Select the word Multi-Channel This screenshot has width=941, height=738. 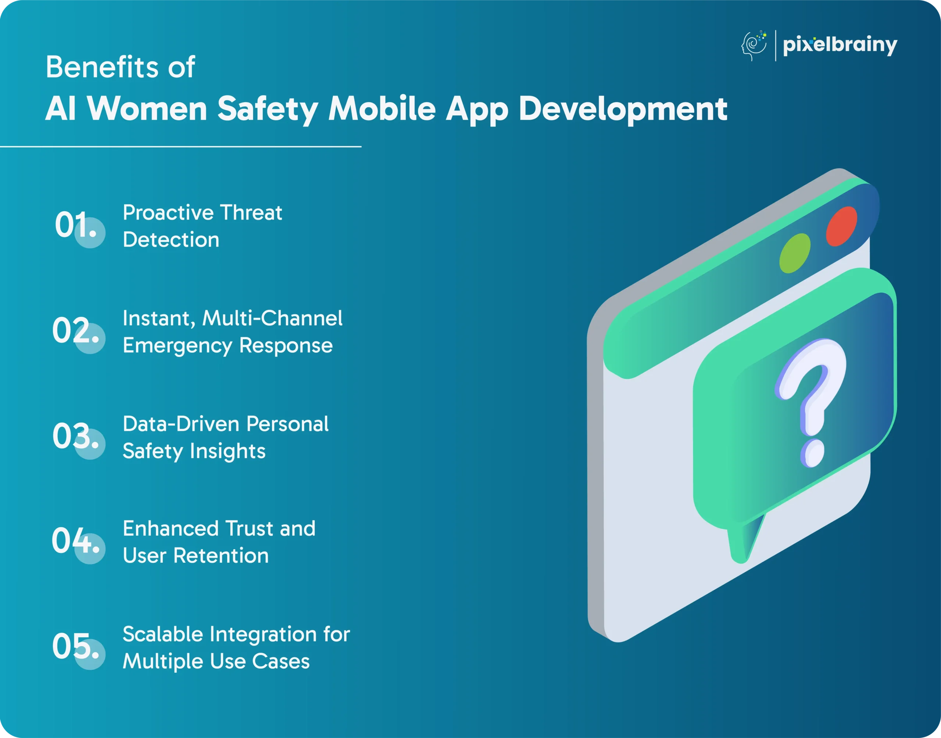[x=272, y=318]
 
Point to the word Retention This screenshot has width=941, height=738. [x=221, y=556]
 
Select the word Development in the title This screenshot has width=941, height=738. [x=623, y=109]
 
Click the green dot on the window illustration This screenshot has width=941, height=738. [x=795, y=253]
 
